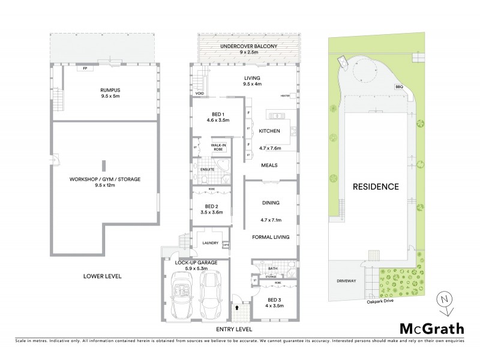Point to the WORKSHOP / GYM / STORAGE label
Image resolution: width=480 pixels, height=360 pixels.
click(x=105, y=178)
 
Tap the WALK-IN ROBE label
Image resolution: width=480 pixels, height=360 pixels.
click(x=218, y=147)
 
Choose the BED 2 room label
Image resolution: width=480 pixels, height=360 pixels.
click(x=214, y=208)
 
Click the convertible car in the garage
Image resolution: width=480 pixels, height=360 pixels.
click(x=182, y=296)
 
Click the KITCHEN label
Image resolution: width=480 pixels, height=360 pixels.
click(x=269, y=131)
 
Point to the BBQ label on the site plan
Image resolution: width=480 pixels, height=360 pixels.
click(x=398, y=87)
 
